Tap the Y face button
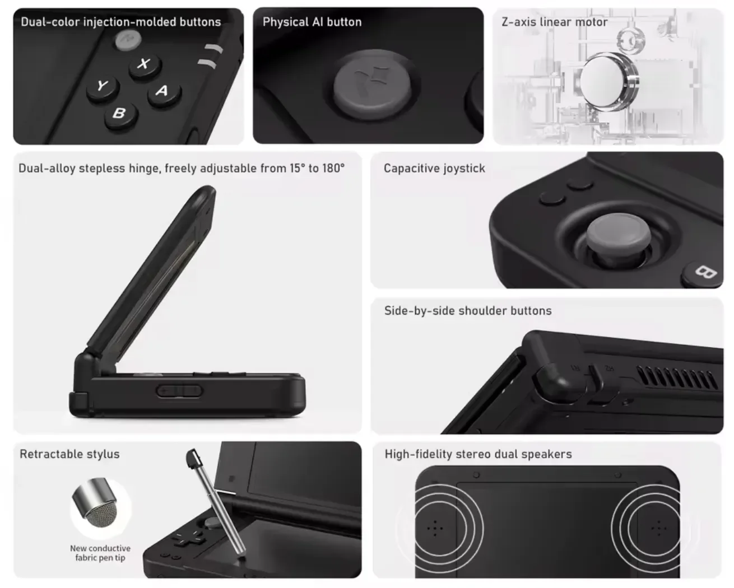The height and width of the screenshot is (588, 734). (103, 87)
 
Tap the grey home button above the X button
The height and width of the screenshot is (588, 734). (128, 40)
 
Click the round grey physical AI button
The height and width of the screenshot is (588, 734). (373, 84)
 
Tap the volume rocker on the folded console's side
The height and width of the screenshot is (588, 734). (179, 391)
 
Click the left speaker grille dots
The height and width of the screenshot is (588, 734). (435, 528)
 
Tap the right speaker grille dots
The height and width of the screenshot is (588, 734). (658, 528)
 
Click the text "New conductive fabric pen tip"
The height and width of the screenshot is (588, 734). (100, 553)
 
